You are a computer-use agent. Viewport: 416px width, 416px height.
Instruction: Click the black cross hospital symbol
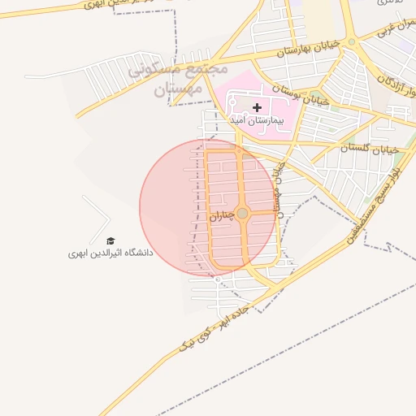point(258,107)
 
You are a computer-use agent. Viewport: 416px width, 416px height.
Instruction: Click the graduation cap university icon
point(110,240)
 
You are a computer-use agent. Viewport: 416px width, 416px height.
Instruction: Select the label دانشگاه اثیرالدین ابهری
point(110,253)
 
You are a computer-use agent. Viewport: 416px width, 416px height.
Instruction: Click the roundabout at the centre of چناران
point(242,213)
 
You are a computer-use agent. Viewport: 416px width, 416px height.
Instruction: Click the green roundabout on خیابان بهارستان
point(352,41)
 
